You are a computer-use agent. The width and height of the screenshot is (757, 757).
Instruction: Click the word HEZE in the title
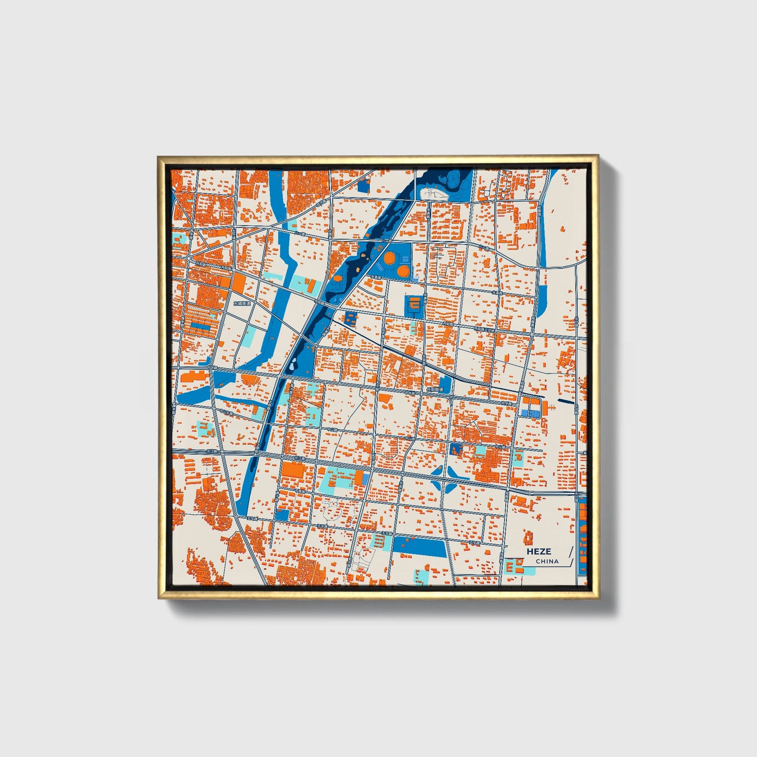click(x=539, y=551)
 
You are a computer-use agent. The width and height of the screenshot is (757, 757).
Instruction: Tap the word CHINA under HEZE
click(x=547, y=561)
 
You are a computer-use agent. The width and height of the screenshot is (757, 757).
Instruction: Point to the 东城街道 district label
click(x=242, y=303)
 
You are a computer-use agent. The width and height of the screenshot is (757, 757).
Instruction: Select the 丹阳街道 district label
click(x=434, y=390)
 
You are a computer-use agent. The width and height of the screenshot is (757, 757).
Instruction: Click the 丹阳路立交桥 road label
click(x=485, y=330)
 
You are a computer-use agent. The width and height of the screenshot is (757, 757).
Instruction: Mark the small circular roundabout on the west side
click(x=188, y=258)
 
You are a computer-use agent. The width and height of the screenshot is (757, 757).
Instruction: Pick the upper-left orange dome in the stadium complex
click(x=390, y=258)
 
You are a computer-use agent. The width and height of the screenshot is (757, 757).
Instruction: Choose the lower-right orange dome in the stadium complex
click(x=402, y=271)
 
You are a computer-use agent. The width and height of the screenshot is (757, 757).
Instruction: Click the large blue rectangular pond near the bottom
click(x=420, y=546)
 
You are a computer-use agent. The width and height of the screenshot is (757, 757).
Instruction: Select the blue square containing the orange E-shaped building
click(x=413, y=305)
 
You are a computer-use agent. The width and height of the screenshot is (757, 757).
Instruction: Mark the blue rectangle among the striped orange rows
click(x=201, y=325)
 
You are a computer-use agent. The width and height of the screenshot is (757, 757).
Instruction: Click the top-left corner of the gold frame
click(x=159, y=157)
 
